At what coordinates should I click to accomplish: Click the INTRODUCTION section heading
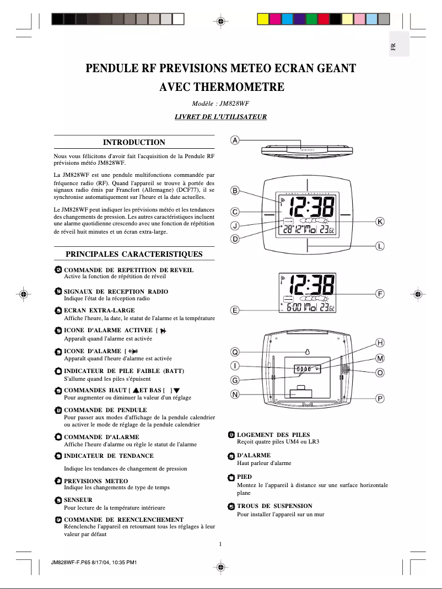(x=134, y=143)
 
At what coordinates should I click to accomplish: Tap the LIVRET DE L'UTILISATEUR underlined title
(x=220, y=117)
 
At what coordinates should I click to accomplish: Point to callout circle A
(x=235, y=141)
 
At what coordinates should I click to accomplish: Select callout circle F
(x=380, y=294)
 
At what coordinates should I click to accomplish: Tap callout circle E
(x=235, y=311)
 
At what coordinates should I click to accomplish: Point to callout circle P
(x=380, y=398)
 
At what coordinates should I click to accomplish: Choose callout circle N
(x=235, y=394)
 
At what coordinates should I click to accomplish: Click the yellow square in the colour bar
(x=263, y=20)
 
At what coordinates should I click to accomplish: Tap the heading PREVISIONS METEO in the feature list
(x=96, y=481)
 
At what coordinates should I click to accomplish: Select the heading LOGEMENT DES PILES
(x=273, y=435)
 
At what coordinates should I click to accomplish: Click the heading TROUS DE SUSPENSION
(x=274, y=506)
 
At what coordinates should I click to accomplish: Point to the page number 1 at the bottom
(x=220, y=544)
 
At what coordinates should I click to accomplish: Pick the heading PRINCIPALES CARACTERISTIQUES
(x=134, y=255)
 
